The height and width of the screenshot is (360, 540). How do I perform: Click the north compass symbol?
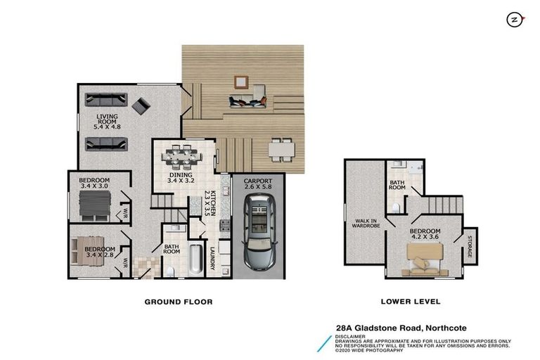[x=515, y=20]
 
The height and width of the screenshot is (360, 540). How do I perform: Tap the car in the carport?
[x=259, y=232]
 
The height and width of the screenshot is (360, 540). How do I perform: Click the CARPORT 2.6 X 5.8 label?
[x=258, y=184]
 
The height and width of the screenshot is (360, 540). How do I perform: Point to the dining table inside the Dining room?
[x=181, y=155]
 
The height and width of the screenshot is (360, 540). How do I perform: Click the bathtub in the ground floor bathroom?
[x=195, y=259]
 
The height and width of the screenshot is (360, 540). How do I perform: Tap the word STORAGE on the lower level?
[x=469, y=247]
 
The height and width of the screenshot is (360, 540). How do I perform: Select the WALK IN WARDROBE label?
[x=366, y=223]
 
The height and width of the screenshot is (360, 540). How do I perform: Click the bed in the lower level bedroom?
[x=424, y=259]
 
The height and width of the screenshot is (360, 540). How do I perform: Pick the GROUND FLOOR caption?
[x=179, y=302]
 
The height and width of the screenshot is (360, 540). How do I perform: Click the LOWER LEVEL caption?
[x=411, y=302]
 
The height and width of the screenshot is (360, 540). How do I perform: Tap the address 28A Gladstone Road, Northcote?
[x=401, y=328]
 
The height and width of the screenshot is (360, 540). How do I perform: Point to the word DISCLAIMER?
[x=350, y=337]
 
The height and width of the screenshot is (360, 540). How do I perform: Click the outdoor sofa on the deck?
[x=248, y=102]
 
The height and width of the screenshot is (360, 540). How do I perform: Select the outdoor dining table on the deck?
[x=281, y=150]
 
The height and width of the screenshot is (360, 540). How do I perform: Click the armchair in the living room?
[x=141, y=105]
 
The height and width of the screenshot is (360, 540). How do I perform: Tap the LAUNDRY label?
[x=212, y=258]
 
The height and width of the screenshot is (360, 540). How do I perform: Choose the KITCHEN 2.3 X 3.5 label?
[x=210, y=203]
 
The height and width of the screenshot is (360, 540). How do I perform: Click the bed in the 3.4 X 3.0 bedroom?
[x=95, y=206]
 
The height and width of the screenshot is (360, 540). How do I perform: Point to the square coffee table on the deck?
[x=241, y=82]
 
